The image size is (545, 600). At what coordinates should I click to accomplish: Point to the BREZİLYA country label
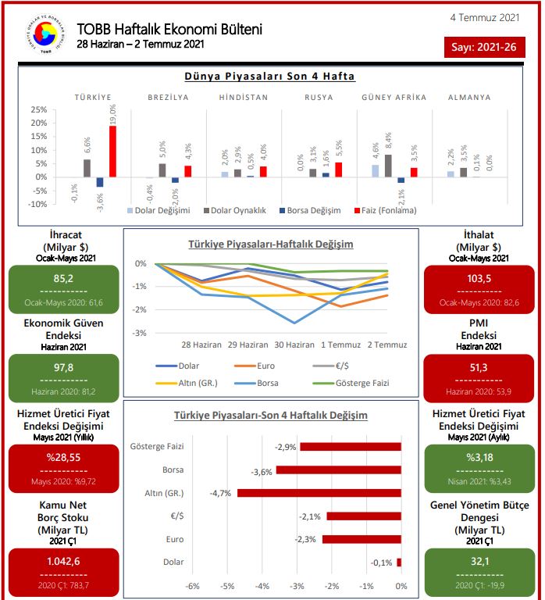tap(169, 98)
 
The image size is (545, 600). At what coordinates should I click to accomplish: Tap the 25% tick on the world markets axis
tap(38, 110)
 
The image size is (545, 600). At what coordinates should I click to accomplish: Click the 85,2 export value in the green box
tap(64, 278)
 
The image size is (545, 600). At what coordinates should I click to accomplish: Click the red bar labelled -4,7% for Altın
tap(319, 493)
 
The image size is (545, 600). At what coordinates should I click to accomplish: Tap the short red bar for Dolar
tap(398, 562)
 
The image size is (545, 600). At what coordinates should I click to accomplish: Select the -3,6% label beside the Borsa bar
tap(261, 471)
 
